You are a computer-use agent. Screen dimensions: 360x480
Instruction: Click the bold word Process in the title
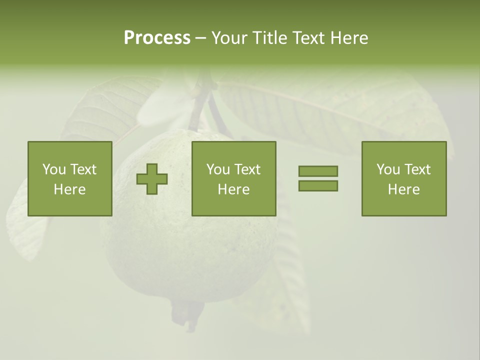pyautogui.click(x=157, y=38)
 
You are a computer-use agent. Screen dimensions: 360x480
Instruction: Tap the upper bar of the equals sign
pyautogui.click(x=318, y=171)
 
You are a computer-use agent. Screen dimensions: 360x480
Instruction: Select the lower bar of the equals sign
pyautogui.click(x=318, y=185)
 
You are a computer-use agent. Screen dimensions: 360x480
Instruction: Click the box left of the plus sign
pyautogui.click(x=69, y=178)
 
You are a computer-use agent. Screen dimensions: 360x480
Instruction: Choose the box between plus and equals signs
pyautogui.click(x=233, y=178)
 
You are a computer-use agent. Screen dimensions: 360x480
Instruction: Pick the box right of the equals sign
pyautogui.click(x=403, y=178)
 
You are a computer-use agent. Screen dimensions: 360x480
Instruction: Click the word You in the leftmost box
pyautogui.click(x=54, y=169)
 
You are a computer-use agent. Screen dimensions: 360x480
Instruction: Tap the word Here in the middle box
pyautogui.click(x=233, y=189)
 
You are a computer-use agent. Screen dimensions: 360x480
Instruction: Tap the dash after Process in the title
pyautogui.click(x=200, y=38)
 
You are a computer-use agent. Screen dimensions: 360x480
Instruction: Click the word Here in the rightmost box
pyautogui.click(x=403, y=189)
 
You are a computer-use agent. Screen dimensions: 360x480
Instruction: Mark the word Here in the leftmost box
pyautogui.click(x=69, y=189)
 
